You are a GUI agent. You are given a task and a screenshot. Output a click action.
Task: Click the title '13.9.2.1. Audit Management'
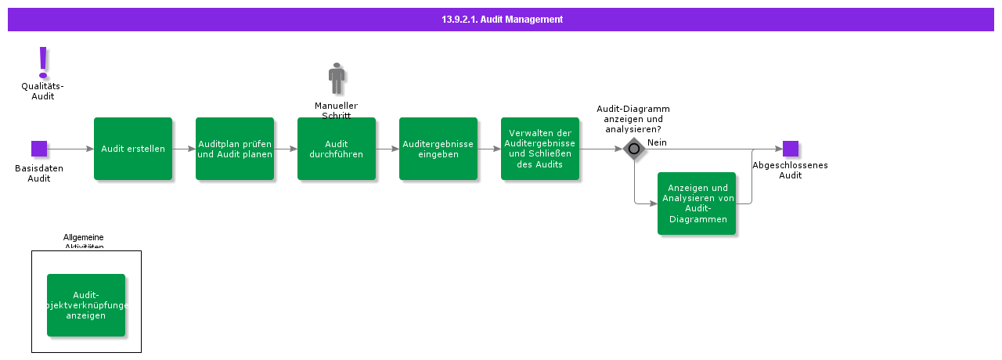coord(501,19)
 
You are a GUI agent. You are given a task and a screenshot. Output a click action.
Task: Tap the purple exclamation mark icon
coord(43,62)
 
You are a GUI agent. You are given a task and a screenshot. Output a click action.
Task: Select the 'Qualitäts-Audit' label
coord(43,92)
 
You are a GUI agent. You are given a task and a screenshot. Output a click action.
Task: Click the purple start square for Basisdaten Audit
coord(39,149)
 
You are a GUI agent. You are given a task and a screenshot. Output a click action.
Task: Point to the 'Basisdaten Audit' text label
coord(39,173)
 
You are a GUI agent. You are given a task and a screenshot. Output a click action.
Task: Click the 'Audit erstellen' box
coord(133,149)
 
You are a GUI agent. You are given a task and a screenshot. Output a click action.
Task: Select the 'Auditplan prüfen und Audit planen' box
coord(235,149)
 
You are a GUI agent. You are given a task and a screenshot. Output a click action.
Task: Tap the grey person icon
coord(337,79)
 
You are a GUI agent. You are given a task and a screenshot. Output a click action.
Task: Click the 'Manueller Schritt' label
coord(337,110)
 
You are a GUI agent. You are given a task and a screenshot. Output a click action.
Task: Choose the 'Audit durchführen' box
coord(337,149)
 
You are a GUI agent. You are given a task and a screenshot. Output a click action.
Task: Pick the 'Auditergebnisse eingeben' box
coord(438,149)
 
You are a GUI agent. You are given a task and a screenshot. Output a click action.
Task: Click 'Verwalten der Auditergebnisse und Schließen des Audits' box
coord(540,149)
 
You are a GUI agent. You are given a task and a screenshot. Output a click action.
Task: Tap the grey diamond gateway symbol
coord(634,149)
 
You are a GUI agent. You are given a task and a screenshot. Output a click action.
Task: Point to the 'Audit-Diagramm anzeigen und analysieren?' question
coord(633,118)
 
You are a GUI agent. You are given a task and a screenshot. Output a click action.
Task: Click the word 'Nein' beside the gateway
coord(657,142)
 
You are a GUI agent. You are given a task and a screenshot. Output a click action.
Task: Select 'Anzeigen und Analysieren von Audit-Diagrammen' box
coord(697,203)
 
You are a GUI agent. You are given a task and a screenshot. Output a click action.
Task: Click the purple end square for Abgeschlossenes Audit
coord(791,149)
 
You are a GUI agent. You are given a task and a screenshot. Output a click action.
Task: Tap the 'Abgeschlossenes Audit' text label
coord(790,170)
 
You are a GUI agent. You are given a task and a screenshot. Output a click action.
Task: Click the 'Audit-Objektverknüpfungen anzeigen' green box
coord(86,305)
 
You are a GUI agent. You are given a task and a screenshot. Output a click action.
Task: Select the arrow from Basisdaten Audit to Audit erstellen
coord(70,149)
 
